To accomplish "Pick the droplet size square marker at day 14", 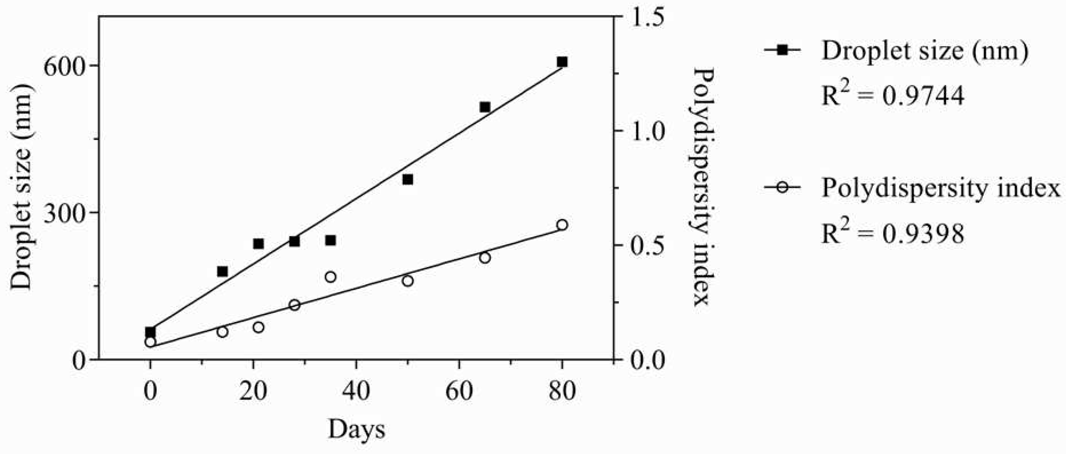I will click(222, 271).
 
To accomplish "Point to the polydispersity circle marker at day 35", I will click(330, 277).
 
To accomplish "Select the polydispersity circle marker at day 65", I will click(485, 257).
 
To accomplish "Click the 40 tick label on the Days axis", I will click(356, 391).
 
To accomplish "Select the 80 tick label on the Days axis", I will click(562, 391).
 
